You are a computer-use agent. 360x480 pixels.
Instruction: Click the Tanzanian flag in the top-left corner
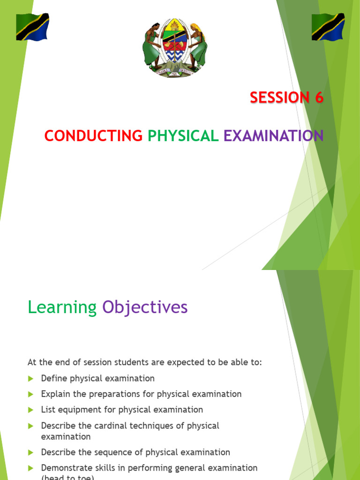(x=32, y=27)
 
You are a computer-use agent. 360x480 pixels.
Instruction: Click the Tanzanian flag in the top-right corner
(x=328, y=27)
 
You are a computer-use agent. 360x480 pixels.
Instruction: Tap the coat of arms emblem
(x=174, y=47)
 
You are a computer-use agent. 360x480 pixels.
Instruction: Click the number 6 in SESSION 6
(x=318, y=97)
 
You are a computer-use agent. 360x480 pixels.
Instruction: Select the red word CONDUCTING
(x=93, y=135)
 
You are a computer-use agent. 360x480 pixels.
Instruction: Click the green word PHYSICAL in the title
(x=183, y=135)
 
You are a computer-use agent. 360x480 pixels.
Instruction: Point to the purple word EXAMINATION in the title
(x=273, y=135)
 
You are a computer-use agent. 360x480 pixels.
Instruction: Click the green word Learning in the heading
(x=62, y=307)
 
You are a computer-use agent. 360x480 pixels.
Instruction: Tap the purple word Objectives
(x=145, y=307)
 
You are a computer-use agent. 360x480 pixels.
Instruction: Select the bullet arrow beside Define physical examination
(x=31, y=378)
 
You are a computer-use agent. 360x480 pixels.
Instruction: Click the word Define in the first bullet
(x=54, y=378)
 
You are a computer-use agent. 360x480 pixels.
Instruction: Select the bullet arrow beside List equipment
(x=31, y=410)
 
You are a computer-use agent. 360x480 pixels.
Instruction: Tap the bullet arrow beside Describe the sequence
(x=31, y=452)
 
